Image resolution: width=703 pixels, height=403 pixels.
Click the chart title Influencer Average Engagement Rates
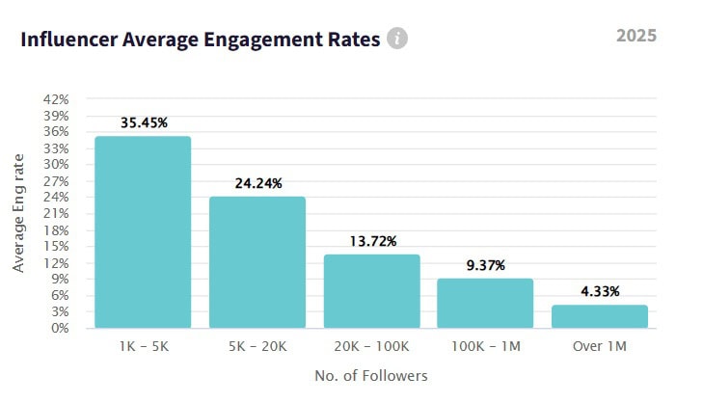click(x=200, y=40)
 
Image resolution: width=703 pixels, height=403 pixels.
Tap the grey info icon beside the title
click(x=397, y=39)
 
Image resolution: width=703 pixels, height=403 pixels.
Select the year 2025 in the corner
click(x=635, y=36)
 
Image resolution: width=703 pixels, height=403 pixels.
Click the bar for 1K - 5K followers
click(x=143, y=232)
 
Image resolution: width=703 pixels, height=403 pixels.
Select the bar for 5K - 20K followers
click(x=257, y=262)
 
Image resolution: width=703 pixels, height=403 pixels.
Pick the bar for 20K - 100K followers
click(x=371, y=291)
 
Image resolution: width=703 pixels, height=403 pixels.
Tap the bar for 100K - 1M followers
click(x=485, y=303)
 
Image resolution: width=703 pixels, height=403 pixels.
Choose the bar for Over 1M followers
click(x=599, y=316)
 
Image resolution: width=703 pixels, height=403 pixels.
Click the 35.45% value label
click(x=144, y=123)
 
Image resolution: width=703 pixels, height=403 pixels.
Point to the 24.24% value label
click(x=257, y=183)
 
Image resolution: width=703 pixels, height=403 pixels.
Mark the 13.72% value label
click(x=371, y=241)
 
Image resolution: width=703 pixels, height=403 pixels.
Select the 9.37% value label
click(x=485, y=265)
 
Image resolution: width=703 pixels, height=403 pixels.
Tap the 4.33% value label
click(x=599, y=292)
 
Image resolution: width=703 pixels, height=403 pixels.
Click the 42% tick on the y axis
click(x=56, y=99)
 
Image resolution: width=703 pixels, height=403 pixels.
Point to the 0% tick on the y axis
click(x=59, y=328)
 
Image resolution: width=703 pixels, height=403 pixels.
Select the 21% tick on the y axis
click(x=56, y=213)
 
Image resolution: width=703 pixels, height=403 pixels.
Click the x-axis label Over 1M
click(x=599, y=344)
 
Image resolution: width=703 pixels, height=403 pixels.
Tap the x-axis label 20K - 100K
click(x=371, y=344)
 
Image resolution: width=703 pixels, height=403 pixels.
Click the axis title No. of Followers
click(x=371, y=375)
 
